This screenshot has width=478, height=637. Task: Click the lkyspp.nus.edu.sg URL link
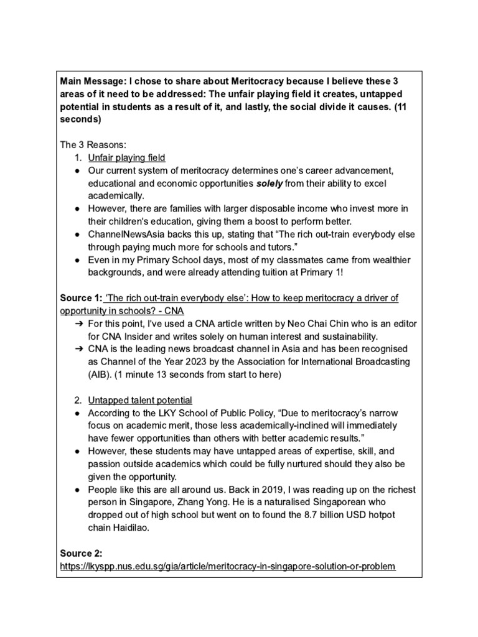[227, 567]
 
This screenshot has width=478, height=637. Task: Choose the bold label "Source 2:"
[82, 553]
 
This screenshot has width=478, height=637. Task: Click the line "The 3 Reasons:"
[93, 144]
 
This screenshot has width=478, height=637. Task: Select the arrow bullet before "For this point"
[79, 324]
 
